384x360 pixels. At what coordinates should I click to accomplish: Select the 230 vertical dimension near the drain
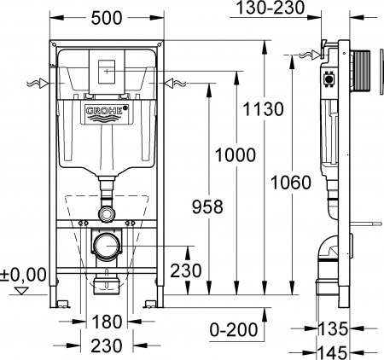tap(185, 271)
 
